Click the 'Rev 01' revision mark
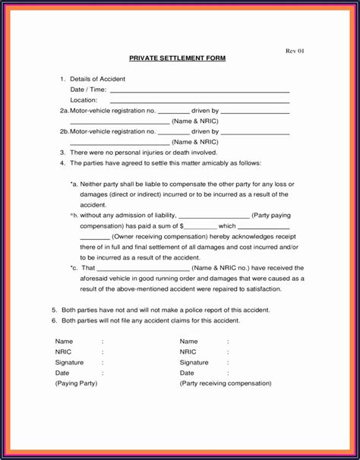pyautogui.click(x=294, y=51)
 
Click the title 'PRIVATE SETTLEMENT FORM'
pyautogui.click(x=176, y=58)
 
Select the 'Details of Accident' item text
pyautogui.click(x=97, y=79)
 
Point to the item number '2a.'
pyautogui.click(x=64, y=111)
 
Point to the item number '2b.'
pyautogui.click(x=64, y=131)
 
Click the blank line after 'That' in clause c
pyautogui.click(x=144, y=269)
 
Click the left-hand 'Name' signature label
pyautogui.click(x=64, y=342)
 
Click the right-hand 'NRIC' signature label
pyautogui.click(x=188, y=352)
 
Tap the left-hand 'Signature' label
pyautogui.click(x=69, y=363)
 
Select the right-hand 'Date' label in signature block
pyautogui.click(x=187, y=373)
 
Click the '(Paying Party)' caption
pyautogui.click(x=76, y=384)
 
